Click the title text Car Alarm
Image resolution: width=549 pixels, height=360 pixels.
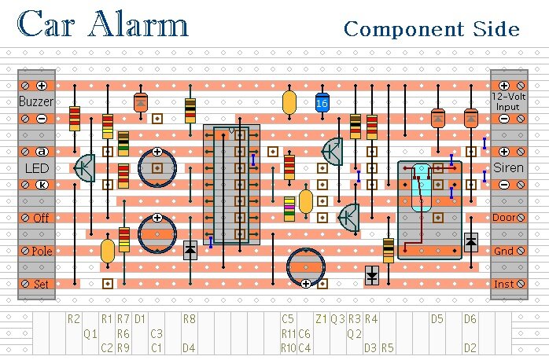(103, 25)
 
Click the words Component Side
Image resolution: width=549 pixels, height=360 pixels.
(432, 30)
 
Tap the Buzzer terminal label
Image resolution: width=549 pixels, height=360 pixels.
(36, 102)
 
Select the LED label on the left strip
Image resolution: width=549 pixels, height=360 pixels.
(36, 168)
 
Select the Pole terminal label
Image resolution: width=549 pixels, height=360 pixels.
(42, 252)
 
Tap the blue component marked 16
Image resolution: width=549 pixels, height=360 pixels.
(321, 103)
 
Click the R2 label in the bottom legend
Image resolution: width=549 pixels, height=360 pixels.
(74, 319)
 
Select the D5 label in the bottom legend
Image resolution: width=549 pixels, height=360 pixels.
(437, 319)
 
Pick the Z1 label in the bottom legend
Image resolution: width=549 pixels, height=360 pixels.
(321, 319)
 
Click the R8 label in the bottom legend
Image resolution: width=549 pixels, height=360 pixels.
(189, 319)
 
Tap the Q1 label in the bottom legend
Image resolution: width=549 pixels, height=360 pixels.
(90, 333)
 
